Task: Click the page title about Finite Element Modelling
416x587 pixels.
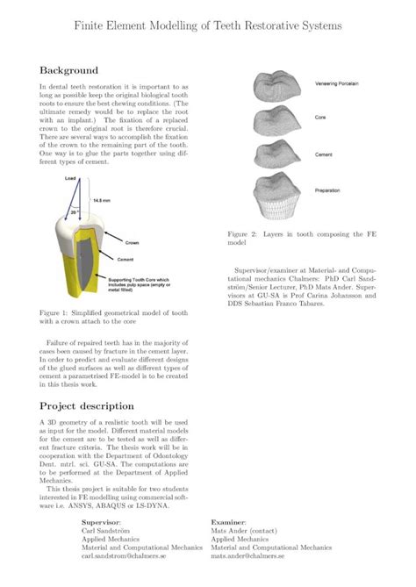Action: tap(208, 26)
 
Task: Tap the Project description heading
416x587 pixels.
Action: tap(87, 406)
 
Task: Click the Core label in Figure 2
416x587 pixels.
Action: tap(320, 118)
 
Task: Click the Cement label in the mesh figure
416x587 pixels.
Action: tap(324, 153)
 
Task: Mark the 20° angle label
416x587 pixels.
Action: tap(76, 211)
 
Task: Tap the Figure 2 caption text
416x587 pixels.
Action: tap(302, 239)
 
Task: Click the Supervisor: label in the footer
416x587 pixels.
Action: tap(101, 521)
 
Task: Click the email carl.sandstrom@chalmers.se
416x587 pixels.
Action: tap(133, 556)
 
